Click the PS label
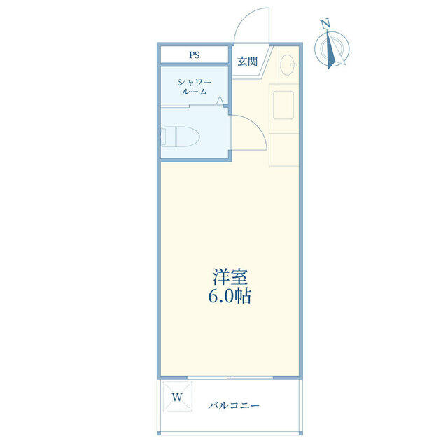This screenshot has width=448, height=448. (x=195, y=55)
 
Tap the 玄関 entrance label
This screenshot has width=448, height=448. (x=247, y=62)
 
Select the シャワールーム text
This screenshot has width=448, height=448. (x=195, y=87)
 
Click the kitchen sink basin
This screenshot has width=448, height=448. (x=283, y=104)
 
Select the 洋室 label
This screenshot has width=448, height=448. (x=230, y=276)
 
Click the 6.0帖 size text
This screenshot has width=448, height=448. (x=230, y=296)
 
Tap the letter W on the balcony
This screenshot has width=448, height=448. (x=177, y=397)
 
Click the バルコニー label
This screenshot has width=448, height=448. (x=234, y=405)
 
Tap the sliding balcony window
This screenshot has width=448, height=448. (x=230, y=378)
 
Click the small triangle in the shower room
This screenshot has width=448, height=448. (x=220, y=100)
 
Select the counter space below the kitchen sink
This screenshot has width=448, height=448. (x=284, y=149)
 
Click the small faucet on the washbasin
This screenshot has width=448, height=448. (x=293, y=65)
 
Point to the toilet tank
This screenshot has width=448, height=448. (x=163, y=136)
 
